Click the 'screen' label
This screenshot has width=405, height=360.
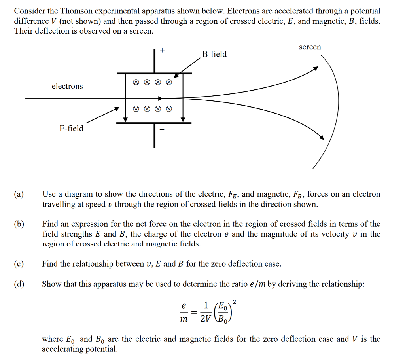pyautogui.click(x=310, y=47)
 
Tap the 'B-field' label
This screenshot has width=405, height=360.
pyautogui.click(x=214, y=54)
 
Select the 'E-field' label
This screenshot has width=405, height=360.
pyautogui.click(x=72, y=128)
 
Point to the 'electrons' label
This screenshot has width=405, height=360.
pyautogui.click(x=67, y=86)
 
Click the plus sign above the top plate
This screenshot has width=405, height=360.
pyautogui.click(x=162, y=50)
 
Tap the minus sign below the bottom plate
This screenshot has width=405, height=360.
pyautogui.click(x=162, y=129)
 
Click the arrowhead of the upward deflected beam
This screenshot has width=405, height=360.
pyautogui.click(x=315, y=68)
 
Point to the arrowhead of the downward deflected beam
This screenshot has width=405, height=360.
pyautogui.click(x=321, y=137)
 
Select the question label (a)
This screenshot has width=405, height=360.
pyautogui.click(x=19, y=194)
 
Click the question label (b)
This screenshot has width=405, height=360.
pyautogui.click(x=19, y=224)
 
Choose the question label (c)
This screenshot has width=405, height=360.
pyautogui.click(x=19, y=264)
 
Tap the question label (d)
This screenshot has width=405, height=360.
pyautogui.click(x=19, y=284)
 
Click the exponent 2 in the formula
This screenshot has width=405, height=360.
pyautogui.click(x=235, y=303)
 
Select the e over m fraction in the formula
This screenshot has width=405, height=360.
pyautogui.click(x=183, y=313)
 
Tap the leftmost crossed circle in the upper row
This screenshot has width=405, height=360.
pyautogui.click(x=136, y=83)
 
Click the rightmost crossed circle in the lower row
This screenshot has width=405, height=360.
pyautogui.click(x=169, y=108)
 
